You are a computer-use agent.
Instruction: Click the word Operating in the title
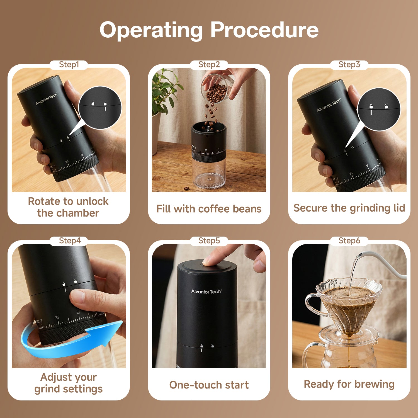(x=151, y=30)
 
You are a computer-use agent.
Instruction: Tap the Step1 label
(x=69, y=65)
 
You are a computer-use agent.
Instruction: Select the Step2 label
(x=209, y=65)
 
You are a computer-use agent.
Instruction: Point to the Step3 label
(x=349, y=65)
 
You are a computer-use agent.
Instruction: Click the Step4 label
(x=70, y=241)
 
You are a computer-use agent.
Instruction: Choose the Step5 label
(x=209, y=241)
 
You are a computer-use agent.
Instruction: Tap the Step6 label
(x=349, y=241)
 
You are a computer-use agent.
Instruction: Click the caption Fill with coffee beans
(x=209, y=209)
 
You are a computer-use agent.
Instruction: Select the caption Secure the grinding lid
(x=349, y=208)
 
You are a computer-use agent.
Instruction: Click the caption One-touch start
(x=209, y=385)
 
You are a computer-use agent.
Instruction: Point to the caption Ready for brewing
(x=349, y=384)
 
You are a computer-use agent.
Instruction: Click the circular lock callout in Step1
(x=100, y=108)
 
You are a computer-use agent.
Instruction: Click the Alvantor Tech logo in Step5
(x=206, y=291)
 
